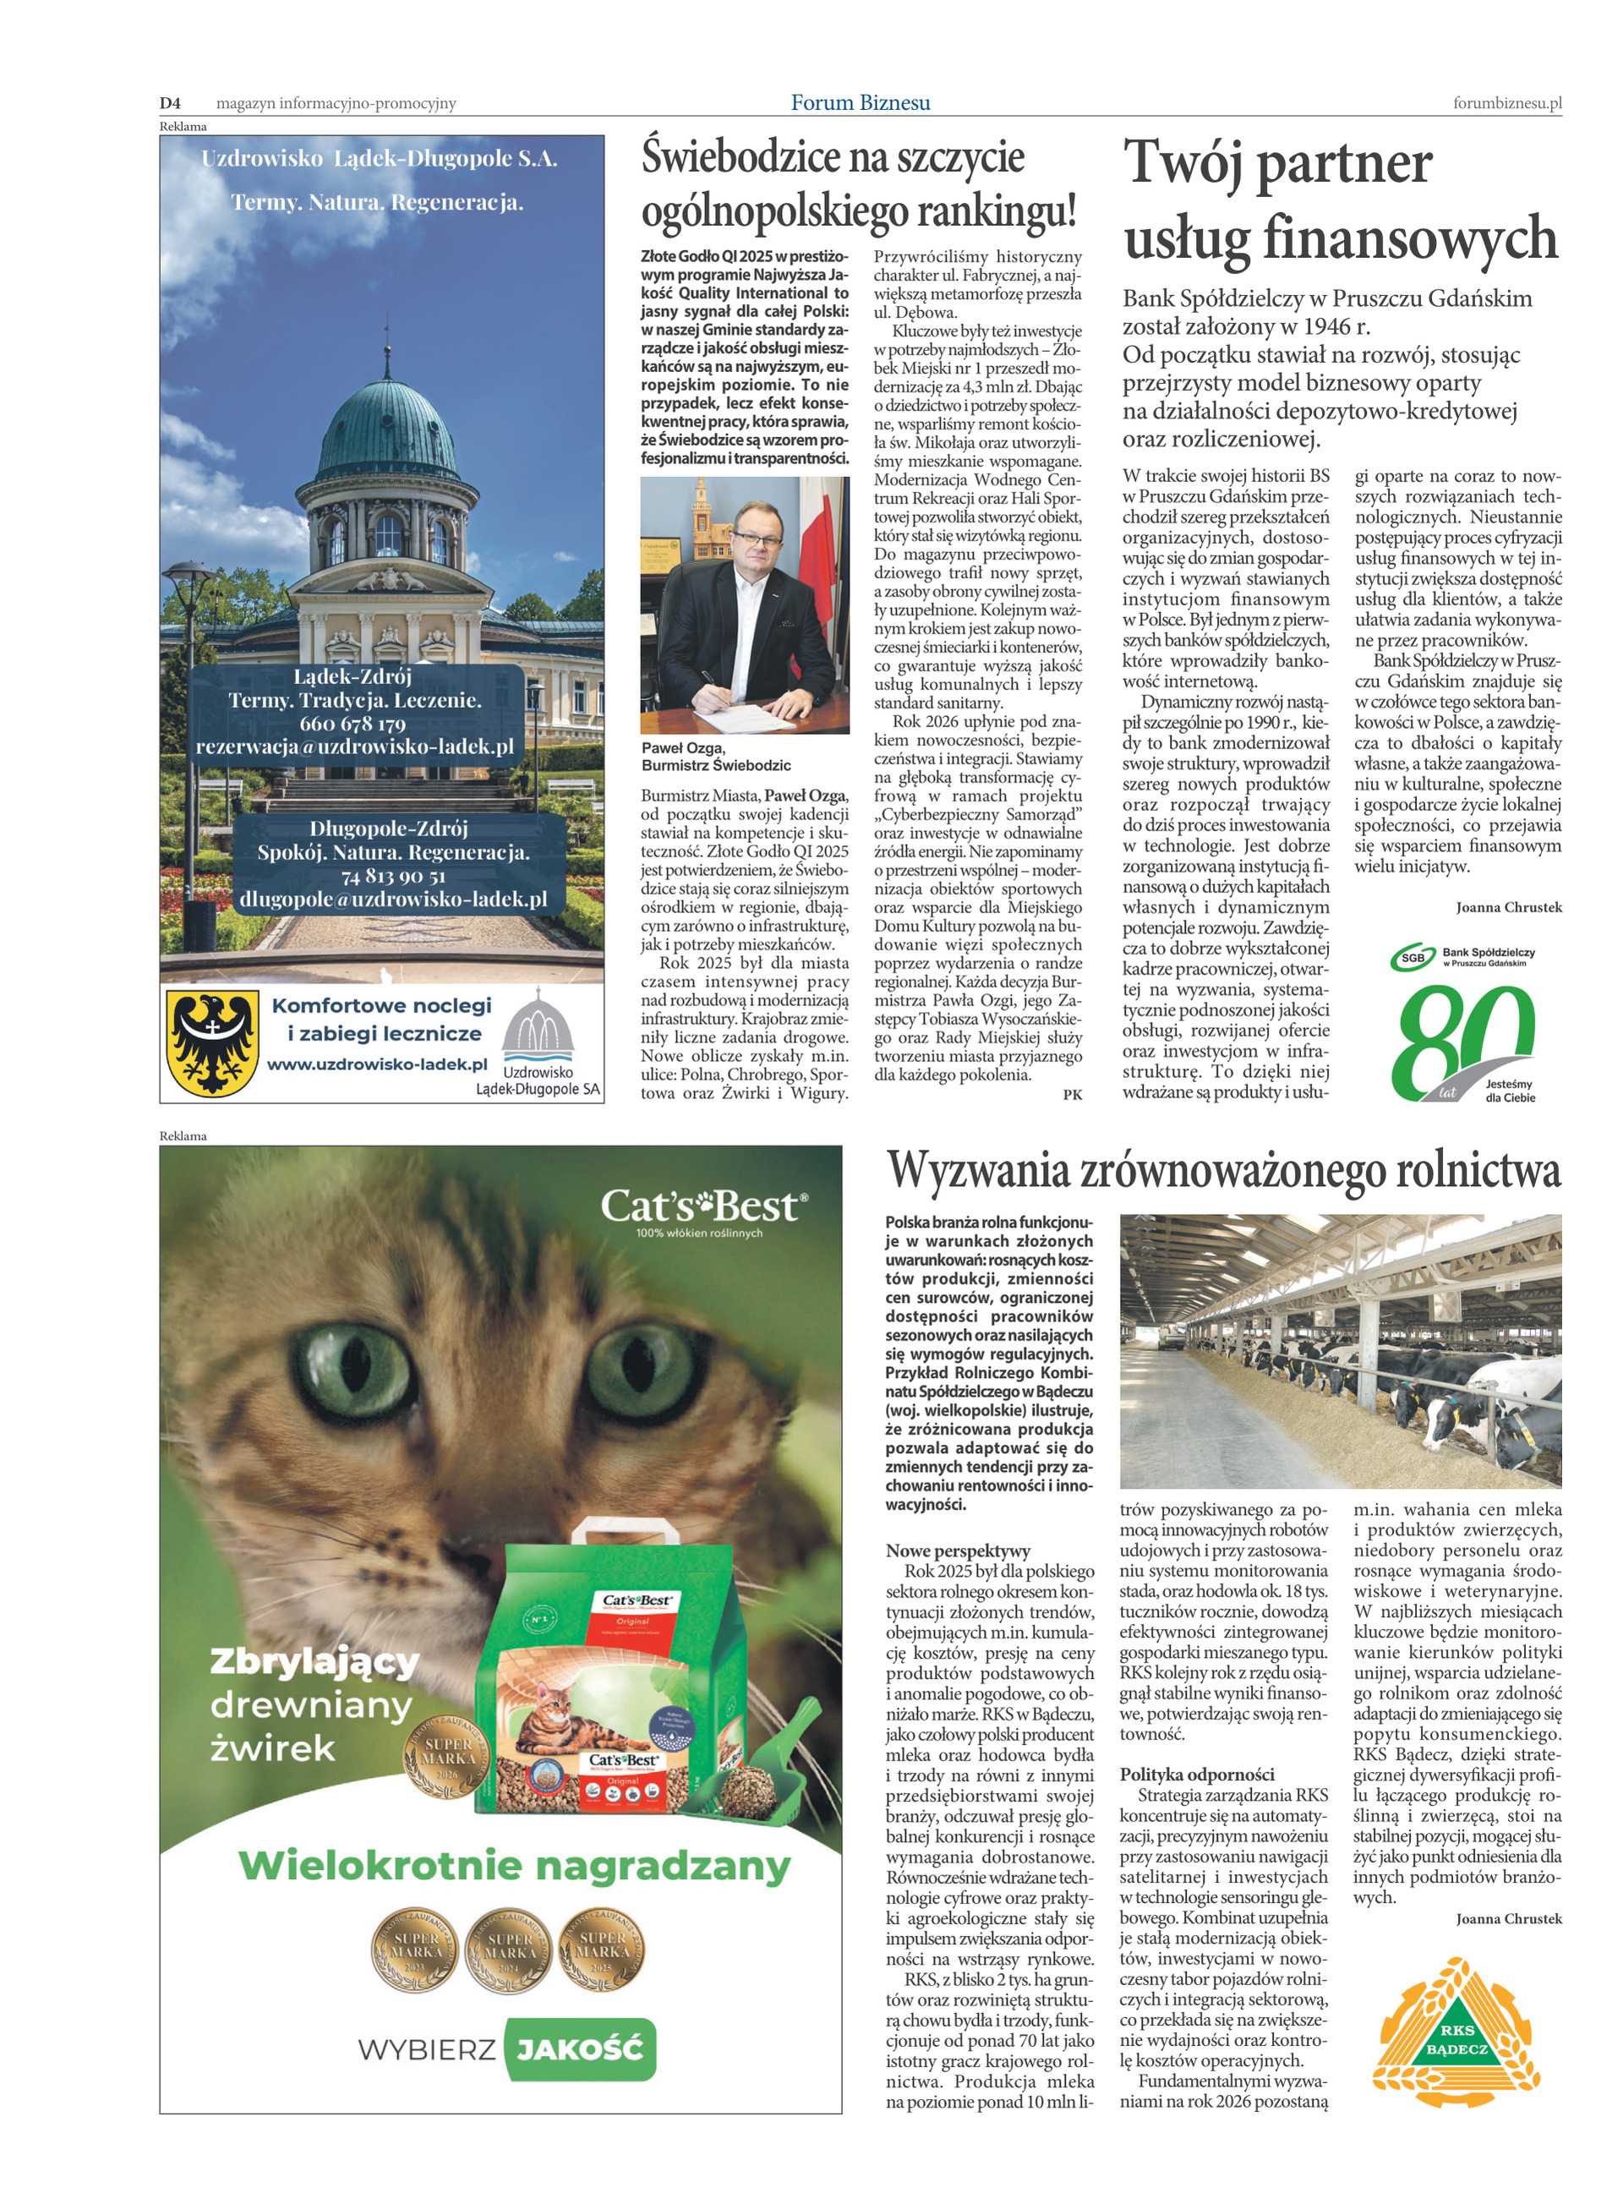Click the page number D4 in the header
coord(171,103)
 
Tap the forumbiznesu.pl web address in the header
coord(1507,103)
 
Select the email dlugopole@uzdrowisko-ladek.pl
coord(393,898)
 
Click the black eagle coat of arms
coord(213,1042)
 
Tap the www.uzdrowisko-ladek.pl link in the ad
coord(377,1064)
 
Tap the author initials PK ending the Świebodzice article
coord(1072,1095)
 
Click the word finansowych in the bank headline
coord(1410,238)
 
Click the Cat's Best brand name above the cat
coord(703,1206)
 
